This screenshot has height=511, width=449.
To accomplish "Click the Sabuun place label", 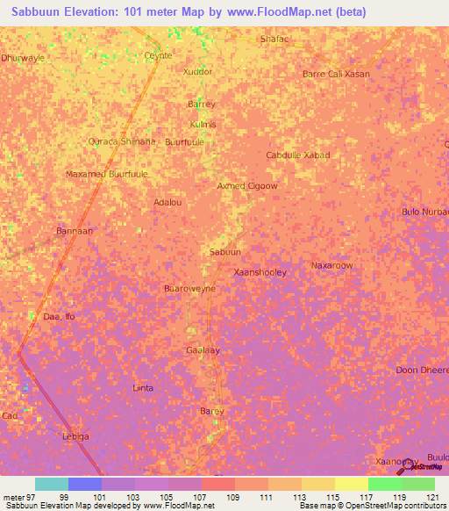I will [224, 252].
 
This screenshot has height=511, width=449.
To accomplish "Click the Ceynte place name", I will [158, 55].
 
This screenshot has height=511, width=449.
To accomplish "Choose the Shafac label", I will [274, 40].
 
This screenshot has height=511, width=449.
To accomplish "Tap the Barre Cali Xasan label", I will [336, 74].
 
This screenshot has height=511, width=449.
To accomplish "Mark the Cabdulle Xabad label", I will [298, 155].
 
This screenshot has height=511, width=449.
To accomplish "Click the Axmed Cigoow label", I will [247, 186].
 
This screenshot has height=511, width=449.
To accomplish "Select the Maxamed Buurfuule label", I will [107, 174].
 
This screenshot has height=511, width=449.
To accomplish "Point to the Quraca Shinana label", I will [122, 141].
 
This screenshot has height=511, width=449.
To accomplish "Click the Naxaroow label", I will [332, 264].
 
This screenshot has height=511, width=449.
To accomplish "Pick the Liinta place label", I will [142, 387].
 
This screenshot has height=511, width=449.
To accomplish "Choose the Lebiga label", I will [75, 436].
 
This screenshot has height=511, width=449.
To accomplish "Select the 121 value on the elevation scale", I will [432, 497].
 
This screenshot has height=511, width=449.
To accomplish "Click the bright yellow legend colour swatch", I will [351, 484].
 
